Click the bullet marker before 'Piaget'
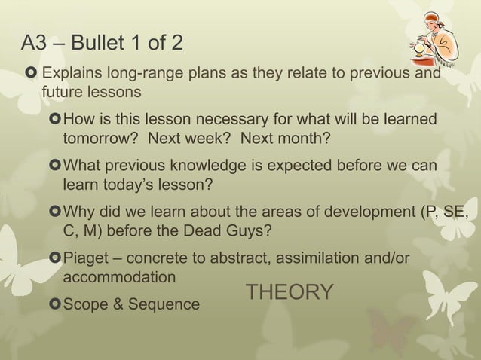pyautogui.click(x=54, y=258)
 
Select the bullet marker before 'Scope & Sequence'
pyautogui.click(x=54, y=304)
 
